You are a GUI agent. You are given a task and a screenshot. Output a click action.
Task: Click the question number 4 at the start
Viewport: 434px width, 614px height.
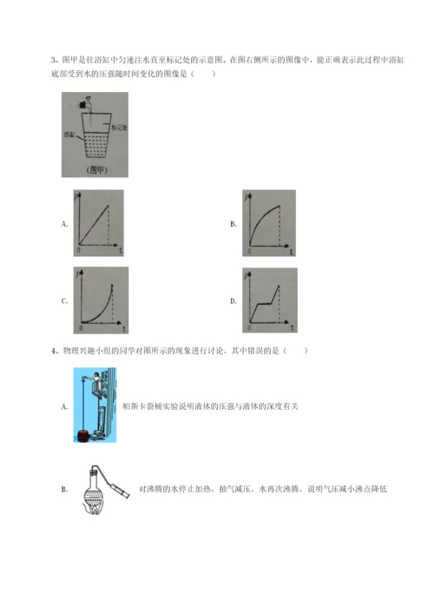55,351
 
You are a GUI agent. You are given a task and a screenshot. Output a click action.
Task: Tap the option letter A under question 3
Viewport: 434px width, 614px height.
65,224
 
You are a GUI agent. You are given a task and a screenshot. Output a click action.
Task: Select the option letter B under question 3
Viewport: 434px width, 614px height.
233,224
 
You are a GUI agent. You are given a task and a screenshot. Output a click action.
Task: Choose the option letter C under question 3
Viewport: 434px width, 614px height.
65,301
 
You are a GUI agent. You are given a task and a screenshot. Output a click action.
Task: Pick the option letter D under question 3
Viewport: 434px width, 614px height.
233,301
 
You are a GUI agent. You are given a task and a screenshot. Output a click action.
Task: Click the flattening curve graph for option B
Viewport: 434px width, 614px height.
270,223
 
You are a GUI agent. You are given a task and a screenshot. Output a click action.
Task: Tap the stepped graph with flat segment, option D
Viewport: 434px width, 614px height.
270,300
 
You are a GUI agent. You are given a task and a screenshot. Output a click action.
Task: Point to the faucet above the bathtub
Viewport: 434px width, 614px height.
86,106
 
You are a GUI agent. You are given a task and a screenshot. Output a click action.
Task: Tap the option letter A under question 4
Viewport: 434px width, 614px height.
65,406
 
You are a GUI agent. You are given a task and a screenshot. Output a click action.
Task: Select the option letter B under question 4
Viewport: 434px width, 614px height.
65,490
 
